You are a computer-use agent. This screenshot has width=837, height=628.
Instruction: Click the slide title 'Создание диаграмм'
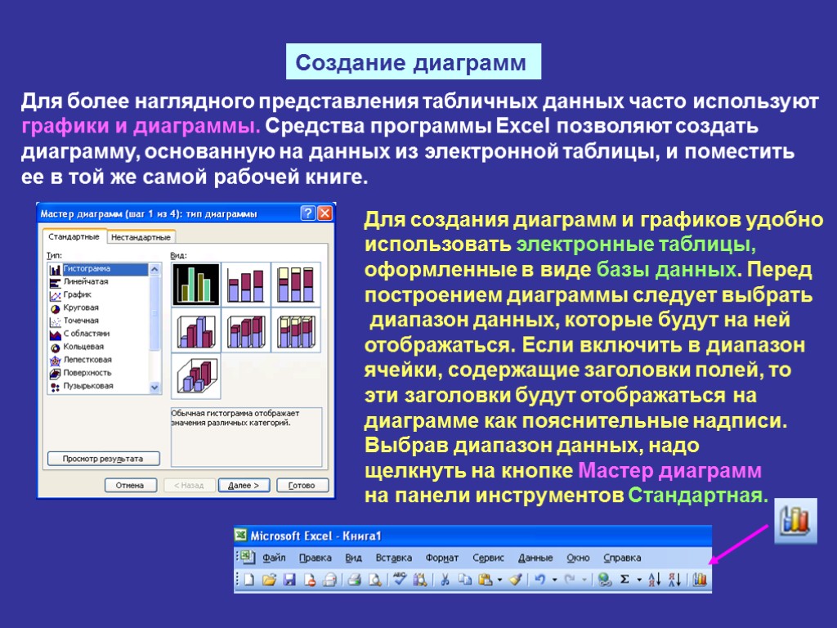413,62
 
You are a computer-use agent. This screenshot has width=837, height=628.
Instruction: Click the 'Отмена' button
129,485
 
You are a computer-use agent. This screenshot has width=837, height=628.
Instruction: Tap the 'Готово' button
302,485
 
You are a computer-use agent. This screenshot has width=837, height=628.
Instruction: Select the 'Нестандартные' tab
141,237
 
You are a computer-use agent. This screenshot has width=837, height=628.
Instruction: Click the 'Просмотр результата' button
103,459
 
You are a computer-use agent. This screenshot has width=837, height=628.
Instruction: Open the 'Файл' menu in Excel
274,558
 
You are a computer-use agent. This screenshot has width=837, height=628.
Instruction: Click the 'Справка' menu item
621,558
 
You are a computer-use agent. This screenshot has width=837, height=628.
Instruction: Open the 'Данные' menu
535,558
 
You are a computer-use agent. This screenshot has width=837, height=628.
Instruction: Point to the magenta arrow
740,543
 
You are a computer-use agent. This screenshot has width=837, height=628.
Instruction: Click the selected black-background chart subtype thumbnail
195,284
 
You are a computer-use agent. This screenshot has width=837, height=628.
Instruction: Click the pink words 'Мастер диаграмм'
669,472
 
